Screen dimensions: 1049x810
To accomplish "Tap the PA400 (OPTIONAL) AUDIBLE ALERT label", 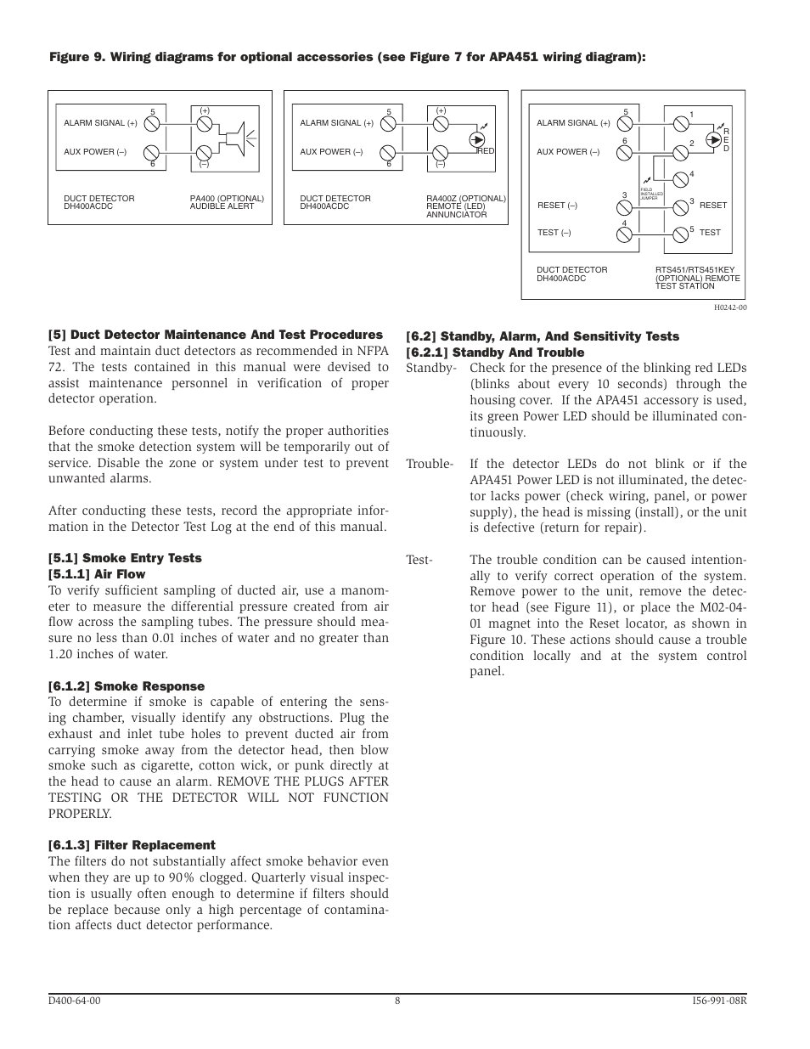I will (227, 202).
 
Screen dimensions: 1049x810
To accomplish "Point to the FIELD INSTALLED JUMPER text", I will (651, 195).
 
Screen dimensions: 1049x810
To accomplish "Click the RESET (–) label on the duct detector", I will (557, 206).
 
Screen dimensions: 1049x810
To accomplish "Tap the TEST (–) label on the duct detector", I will (554, 233).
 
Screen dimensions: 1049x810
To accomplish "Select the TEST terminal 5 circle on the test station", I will (680, 234).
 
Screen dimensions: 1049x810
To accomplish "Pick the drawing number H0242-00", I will (730, 308).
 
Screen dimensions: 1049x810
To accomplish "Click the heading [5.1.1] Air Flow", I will (97, 574).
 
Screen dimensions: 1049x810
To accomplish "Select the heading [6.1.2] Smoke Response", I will (127, 686).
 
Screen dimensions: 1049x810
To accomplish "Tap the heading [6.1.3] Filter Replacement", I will (132, 845).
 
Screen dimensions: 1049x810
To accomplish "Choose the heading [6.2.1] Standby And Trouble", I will (495, 352).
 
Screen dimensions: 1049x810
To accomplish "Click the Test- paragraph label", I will (419, 560).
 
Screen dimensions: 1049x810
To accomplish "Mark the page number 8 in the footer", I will (397, 1001).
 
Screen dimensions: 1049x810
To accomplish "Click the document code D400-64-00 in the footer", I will (75, 1001).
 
